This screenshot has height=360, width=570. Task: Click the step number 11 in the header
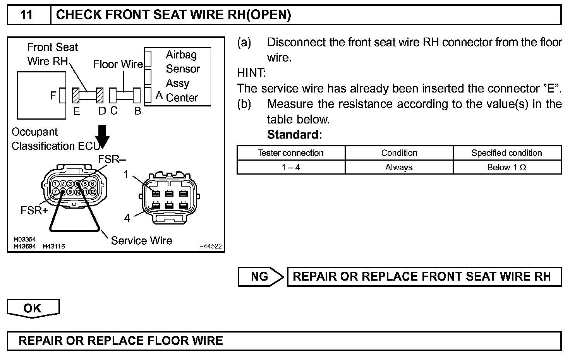[26, 15]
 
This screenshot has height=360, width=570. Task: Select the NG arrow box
[261, 276]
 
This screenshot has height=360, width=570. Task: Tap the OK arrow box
[33, 308]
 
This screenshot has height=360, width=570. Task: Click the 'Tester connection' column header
[290, 153]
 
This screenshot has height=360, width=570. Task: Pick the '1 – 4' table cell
[290, 168]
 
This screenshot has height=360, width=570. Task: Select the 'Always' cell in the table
[399, 168]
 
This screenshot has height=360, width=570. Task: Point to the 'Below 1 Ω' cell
[506, 168]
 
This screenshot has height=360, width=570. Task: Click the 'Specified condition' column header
[506, 153]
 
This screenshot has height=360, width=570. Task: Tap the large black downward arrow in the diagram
[103, 136]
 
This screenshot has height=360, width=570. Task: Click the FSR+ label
[34, 211]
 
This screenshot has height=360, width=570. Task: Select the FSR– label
[112, 159]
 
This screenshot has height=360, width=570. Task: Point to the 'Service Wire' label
[141, 241]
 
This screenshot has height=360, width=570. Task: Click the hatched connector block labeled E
[76, 95]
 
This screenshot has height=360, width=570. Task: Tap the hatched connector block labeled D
[100, 95]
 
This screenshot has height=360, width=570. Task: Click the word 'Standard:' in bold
[294, 135]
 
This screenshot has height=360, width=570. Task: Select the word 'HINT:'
[251, 73]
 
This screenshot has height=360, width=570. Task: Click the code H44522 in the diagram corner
[210, 246]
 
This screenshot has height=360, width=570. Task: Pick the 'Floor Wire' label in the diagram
[118, 64]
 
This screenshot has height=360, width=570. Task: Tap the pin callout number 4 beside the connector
[127, 218]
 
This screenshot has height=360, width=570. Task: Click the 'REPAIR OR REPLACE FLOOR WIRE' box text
[121, 341]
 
